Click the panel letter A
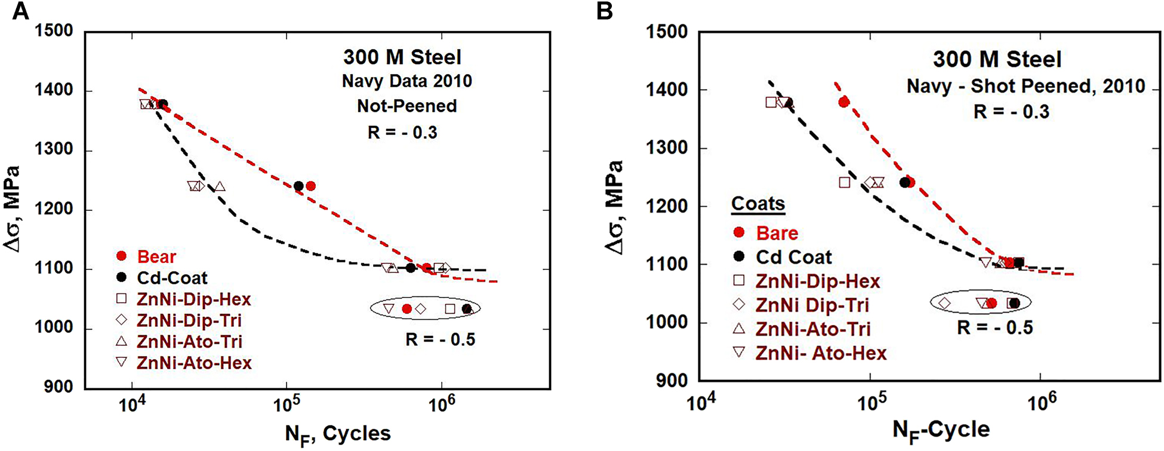pos(20,11)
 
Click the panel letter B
pos(604,11)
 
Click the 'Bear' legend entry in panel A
pos(156,256)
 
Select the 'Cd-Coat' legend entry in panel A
pos(172,278)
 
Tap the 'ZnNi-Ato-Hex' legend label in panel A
pos(194,363)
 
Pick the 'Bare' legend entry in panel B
pos(777,233)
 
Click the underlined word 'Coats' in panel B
pos(758,204)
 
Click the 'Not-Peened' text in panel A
pos(407,106)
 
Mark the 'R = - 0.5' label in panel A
pos(441,340)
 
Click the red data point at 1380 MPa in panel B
pos(844,102)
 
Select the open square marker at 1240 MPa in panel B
pos(845,182)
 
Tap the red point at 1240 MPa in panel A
pos(310,186)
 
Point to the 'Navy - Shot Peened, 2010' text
pos(1026,87)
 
